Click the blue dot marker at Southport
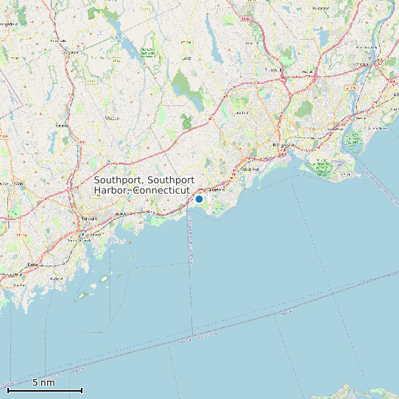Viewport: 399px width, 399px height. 199,199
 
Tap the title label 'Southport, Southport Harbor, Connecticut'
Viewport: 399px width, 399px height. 144,185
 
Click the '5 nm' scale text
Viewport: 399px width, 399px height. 43,383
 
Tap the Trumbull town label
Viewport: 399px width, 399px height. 274,71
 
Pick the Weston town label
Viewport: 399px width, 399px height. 112,118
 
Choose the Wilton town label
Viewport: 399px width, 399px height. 62,125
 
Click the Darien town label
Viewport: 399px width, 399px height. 32,264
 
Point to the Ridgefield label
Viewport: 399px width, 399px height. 9,24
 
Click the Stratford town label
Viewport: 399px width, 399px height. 360,118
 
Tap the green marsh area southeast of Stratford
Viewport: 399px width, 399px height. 324,167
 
